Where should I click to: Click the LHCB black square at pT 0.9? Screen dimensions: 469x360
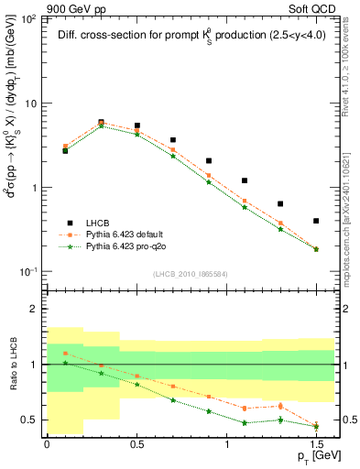209,161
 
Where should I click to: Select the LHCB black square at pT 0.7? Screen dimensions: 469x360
173,140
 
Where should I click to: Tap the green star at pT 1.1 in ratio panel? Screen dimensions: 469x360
245,422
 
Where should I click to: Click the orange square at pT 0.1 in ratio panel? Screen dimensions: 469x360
65,353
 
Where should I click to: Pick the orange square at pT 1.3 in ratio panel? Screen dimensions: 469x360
280,406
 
